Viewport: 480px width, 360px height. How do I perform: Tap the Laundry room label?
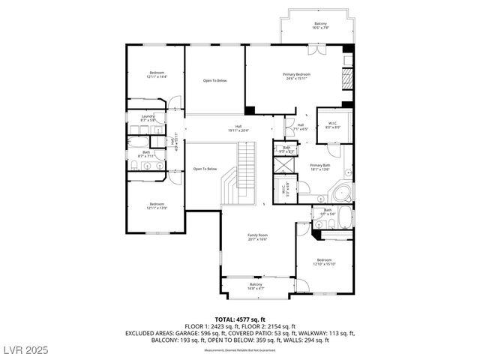pyautogui.click(x=147, y=118)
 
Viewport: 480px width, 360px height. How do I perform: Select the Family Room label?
pyautogui.click(x=258, y=237)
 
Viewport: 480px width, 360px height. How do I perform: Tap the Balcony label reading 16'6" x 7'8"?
pyautogui.click(x=320, y=27)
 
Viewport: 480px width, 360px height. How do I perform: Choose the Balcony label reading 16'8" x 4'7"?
pyautogui.click(x=256, y=286)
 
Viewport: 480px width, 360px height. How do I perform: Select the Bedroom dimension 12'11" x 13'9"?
pyautogui.click(x=157, y=208)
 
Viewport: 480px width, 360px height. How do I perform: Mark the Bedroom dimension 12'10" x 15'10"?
pyautogui.click(x=324, y=264)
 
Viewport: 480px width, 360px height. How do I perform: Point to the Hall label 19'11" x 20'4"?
pyautogui.click(x=238, y=129)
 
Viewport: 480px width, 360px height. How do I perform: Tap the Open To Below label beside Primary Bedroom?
pyautogui.click(x=215, y=81)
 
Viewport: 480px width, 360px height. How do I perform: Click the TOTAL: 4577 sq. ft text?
pyautogui.click(x=239, y=319)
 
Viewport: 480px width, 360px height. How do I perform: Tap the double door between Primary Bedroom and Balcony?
pyautogui.click(x=317, y=50)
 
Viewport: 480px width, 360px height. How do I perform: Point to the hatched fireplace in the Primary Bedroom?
pyautogui.click(x=346, y=79)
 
